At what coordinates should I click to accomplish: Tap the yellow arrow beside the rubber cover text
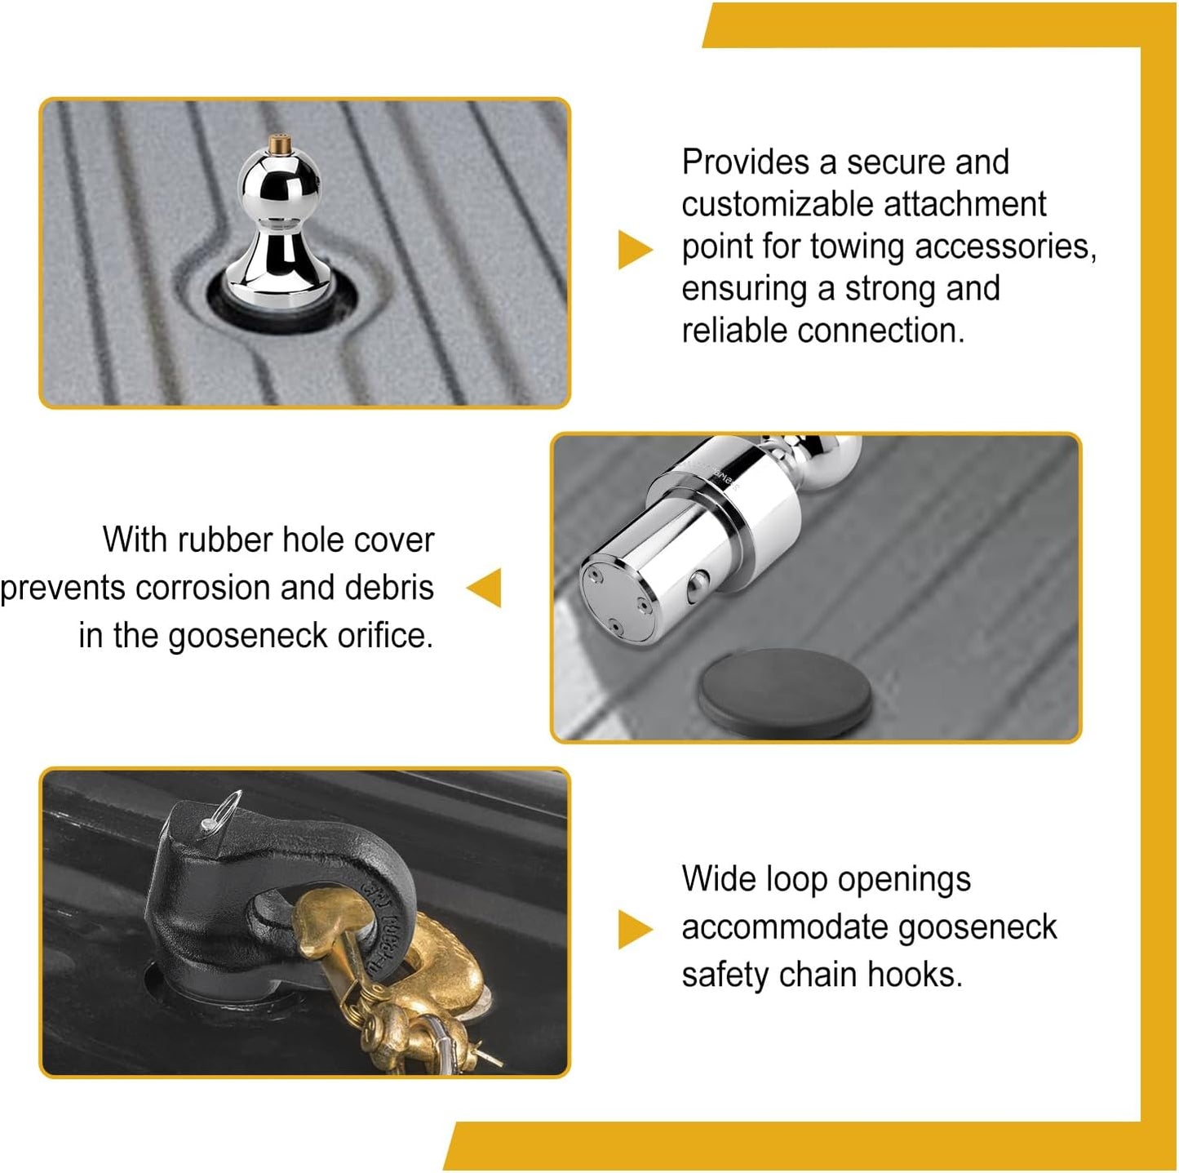[x=485, y=588]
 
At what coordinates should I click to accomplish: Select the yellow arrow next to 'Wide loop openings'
[x=635, y=929]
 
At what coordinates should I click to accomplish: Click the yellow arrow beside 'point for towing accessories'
[x=635, y=249]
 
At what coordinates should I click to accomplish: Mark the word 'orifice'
[x=384, y=636]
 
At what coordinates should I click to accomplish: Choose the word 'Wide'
[x=717, y=880]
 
